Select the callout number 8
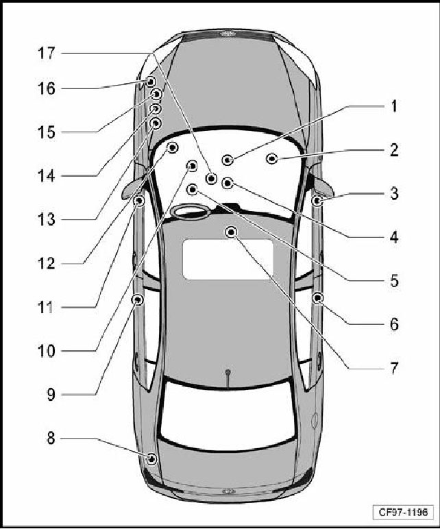pos(51,439)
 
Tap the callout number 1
pos(394,106)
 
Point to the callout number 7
pos(394,368)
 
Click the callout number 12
pos(46,264)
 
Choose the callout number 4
pos(394,237)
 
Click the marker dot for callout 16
pos(150,82)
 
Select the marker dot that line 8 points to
pos(152,459)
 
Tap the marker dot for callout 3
pos(317,201)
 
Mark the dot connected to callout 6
pos(317,298)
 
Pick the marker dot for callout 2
pos(271,158)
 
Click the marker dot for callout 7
pos(231,232)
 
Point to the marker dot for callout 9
pos(138,299)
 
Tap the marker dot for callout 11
pos(138,201)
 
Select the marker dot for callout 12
pos(173,147)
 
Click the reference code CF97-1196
pos(403,512)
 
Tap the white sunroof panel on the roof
pos(228,259)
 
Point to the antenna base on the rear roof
pos(228,372)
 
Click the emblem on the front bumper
pos(229,34)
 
